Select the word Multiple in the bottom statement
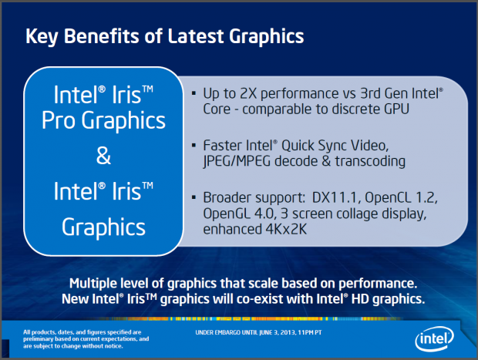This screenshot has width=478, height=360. (x=102, y=282)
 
